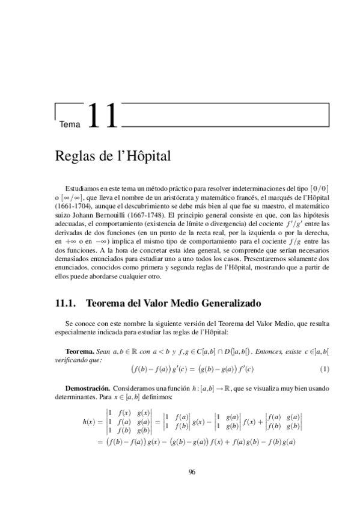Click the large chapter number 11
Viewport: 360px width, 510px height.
(x=103, y=116)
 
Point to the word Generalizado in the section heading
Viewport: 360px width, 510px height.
(x=231, y=304)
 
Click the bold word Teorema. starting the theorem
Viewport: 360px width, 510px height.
(x=79, y=350)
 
